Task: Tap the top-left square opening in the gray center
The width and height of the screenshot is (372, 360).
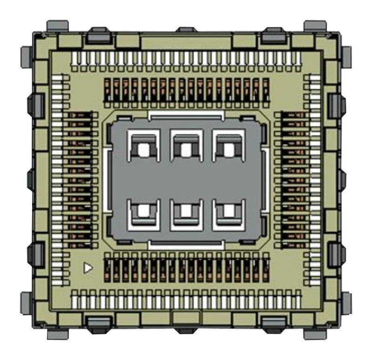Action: tap(144, 149)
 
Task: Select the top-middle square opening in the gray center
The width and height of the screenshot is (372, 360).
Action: tap(186, 149)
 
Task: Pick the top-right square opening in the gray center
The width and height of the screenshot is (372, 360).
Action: tap(228, 149)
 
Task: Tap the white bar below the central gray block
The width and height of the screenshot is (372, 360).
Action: tap(186, 244)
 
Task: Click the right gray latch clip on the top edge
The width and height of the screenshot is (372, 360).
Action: tap(273, 35)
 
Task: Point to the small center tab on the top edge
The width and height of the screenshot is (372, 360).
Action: tap(186, 31)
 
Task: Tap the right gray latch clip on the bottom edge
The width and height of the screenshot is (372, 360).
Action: tap(273, 324)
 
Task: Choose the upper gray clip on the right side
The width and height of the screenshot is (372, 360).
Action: tap(336, 105)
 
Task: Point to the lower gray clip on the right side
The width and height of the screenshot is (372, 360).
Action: tap(336, 254)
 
